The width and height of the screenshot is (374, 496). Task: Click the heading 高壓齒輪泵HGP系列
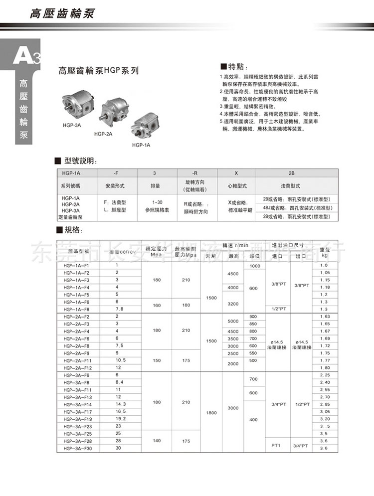(98, 71)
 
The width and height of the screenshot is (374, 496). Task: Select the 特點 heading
(234, 66)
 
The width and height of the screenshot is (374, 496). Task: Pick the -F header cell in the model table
(116, 172)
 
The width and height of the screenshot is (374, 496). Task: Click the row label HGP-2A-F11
(77, 360)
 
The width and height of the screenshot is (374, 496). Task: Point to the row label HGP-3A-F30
(77, 448)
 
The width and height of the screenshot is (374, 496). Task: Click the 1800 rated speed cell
(211, 413)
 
